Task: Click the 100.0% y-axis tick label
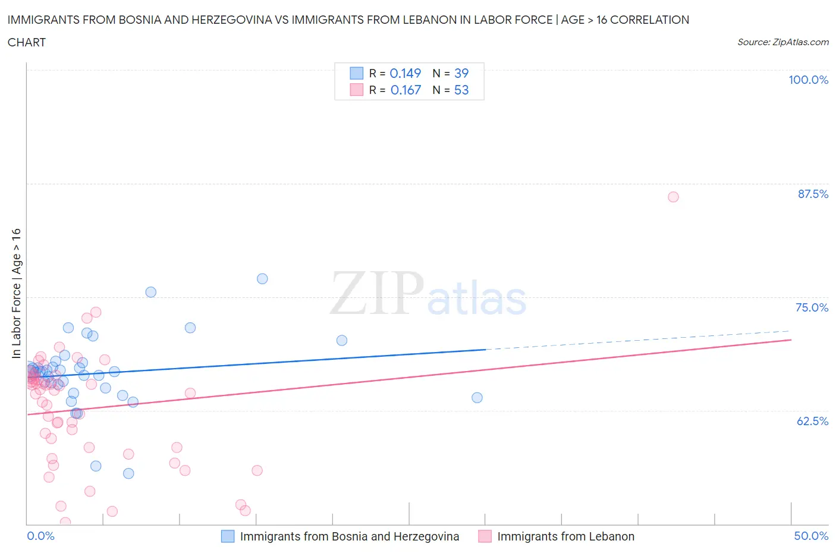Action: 808,80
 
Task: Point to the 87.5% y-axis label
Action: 812,194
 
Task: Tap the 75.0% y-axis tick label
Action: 812,307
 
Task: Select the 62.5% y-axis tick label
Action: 812,421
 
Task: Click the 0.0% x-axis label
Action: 40,536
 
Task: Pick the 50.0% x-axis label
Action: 811,536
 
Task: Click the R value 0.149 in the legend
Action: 405,73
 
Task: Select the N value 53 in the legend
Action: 461,90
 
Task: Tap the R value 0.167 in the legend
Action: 406,90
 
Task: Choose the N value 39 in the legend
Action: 461,73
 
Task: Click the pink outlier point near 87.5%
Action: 673,197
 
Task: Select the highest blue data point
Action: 262,279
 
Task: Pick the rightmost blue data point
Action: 477,398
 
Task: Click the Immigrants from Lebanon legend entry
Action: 565,536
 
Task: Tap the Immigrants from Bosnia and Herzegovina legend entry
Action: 349,536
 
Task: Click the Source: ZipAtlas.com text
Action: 782,42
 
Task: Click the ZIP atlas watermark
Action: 428,293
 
